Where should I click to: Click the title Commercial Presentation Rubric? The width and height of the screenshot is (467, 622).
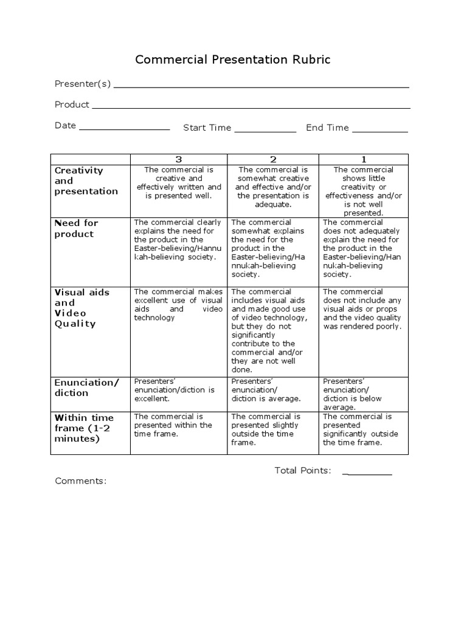click(233, 60)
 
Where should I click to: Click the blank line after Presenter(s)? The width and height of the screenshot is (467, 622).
click(261, 87)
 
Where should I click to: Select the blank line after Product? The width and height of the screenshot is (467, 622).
click(251, 108)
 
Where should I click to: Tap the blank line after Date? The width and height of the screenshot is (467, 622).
click(124, 129)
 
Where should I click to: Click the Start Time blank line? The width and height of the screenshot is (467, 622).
click(265, 131)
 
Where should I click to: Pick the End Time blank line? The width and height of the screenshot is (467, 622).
click(380, 131)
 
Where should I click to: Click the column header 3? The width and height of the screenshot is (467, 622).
click(179, 159)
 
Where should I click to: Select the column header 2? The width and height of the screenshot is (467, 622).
click(273, 159)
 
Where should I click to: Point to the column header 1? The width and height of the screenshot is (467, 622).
click(363, 159)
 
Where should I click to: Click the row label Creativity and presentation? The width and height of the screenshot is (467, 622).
click(86, 181)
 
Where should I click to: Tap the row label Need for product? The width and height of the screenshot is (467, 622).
click(76, 228)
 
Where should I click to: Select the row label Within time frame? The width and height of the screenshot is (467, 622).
click(85, 428)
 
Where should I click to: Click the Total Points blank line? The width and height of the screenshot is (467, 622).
click(367, 473)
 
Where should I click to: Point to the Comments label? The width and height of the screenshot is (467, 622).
click(81, 481)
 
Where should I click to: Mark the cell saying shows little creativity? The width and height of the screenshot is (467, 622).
click(363, 191)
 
